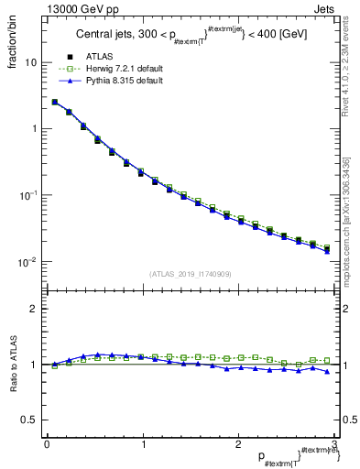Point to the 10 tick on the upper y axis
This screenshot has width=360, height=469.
[x=30, y=62]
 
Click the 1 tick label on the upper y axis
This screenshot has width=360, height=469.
[x=34, y=129]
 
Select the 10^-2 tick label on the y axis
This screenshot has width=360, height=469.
[x=27, y=262]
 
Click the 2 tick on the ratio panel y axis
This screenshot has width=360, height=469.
[x=34, y=309]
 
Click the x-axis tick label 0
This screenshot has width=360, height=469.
[x=46, y=444]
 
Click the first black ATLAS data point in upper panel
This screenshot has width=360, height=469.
[x=55, y=103]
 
